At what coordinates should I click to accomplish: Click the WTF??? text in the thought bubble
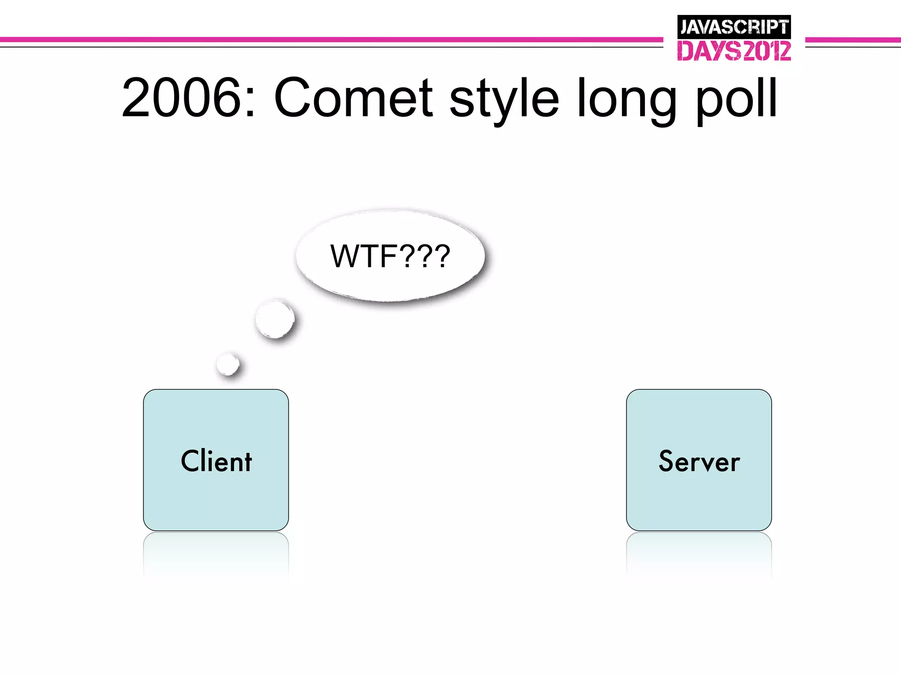click(x=390, y=256)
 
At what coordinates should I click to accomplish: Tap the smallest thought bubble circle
click(x=228, y=364)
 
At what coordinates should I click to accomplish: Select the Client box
click(x=216, y=501)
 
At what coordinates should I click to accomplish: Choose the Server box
click(x=699, y=501)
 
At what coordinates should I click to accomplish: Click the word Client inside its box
click(x=216, y=461)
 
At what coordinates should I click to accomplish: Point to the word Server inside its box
click(x=699, y=461)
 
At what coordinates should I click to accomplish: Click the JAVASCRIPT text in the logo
click(x=734, y=27)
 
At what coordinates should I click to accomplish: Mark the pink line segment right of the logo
click(x=853, y=40)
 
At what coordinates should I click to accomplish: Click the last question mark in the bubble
click(x=441, y=256)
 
